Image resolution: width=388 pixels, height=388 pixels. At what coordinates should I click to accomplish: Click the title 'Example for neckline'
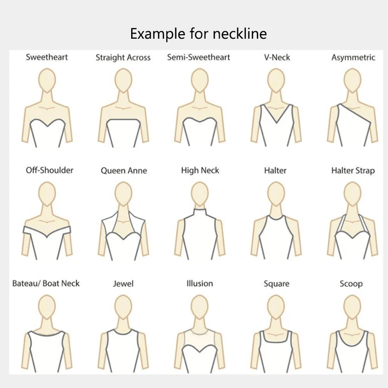[198, 34]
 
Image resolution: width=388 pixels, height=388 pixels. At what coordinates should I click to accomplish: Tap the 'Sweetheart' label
[47, 57]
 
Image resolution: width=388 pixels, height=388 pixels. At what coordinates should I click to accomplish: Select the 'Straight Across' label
[123, 58]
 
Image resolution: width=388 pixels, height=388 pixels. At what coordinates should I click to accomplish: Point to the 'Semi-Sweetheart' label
[199, 57]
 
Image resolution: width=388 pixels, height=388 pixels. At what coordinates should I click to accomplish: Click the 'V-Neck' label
[277, 57]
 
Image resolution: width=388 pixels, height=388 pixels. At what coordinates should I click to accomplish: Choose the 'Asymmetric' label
[353, 58]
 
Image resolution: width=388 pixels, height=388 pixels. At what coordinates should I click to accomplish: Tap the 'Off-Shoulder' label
[50, 170]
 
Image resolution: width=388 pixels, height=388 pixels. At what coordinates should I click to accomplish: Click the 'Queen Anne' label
[124, 171]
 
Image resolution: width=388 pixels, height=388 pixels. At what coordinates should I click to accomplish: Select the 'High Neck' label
[200, 171]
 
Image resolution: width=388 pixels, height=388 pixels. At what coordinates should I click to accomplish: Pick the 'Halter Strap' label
[353, 171]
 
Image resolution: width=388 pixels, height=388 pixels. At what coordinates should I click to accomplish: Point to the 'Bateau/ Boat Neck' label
[46, 283]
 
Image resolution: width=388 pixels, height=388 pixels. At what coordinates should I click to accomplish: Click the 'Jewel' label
[123, 284]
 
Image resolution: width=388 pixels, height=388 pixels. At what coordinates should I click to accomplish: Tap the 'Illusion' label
[200, 283]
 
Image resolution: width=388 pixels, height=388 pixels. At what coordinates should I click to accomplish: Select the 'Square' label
[276, 284]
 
